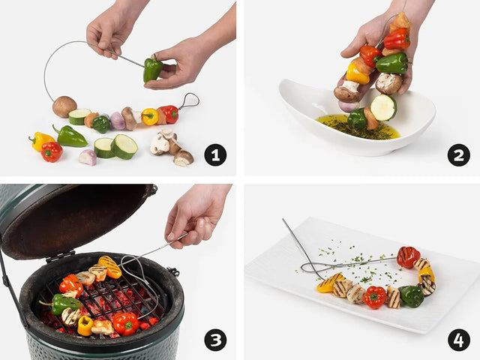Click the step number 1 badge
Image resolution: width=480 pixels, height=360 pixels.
tap(215, 155)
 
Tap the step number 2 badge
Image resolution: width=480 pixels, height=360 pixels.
tap(458, 155)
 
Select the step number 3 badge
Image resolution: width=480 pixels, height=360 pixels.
tap(215, 340)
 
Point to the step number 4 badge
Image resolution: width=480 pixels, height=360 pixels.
tap(458, 340)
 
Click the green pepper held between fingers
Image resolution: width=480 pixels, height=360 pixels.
tap(153, 69)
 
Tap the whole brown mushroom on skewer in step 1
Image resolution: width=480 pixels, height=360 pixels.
tap(64, 106)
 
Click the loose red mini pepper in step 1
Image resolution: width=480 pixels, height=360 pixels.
tap(51, 151)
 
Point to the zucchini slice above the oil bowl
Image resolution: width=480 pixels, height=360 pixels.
tap(382, 107)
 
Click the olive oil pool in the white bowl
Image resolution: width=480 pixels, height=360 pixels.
tap(360, 127)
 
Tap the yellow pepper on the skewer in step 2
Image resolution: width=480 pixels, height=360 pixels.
tap(357, 73)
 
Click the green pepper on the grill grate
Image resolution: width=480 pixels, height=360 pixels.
tap(64, 303)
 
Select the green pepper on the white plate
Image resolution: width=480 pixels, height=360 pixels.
tap(411, 295)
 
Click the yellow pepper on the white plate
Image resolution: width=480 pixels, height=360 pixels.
tap(328, 283)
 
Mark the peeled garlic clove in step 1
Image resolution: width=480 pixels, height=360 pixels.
tap(88, 157)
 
